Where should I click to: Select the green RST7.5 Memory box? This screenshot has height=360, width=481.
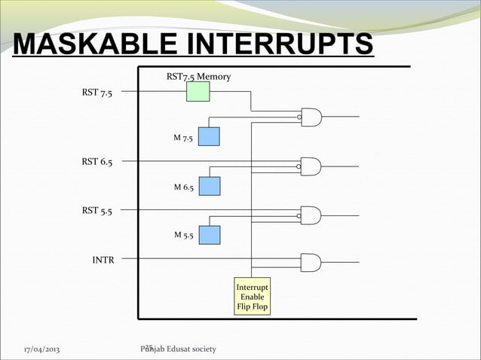click(198, 92)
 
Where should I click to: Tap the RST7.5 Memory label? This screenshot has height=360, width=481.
click(198, 77)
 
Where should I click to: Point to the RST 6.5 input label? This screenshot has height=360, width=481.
click(98, 161)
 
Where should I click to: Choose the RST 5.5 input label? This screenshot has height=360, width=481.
click(98, 211)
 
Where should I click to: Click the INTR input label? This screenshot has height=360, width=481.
click(103, 260)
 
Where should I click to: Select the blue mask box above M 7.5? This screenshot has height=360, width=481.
click(209, 136)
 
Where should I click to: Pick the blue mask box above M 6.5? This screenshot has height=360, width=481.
click(209, 185)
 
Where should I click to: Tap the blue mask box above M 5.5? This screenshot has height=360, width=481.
click(209, 235)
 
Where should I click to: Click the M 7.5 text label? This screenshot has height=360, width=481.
click(183, 138)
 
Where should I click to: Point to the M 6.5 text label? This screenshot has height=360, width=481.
click(183, 187)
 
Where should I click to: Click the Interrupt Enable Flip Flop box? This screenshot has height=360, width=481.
click(252, 297)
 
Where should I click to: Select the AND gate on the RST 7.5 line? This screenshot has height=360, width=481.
click(311, 117)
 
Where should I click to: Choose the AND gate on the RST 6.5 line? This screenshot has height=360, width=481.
click(311, 166)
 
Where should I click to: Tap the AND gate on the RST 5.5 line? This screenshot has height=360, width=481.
click(311, 215)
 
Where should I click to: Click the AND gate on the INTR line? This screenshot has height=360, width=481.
click(311, 262)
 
